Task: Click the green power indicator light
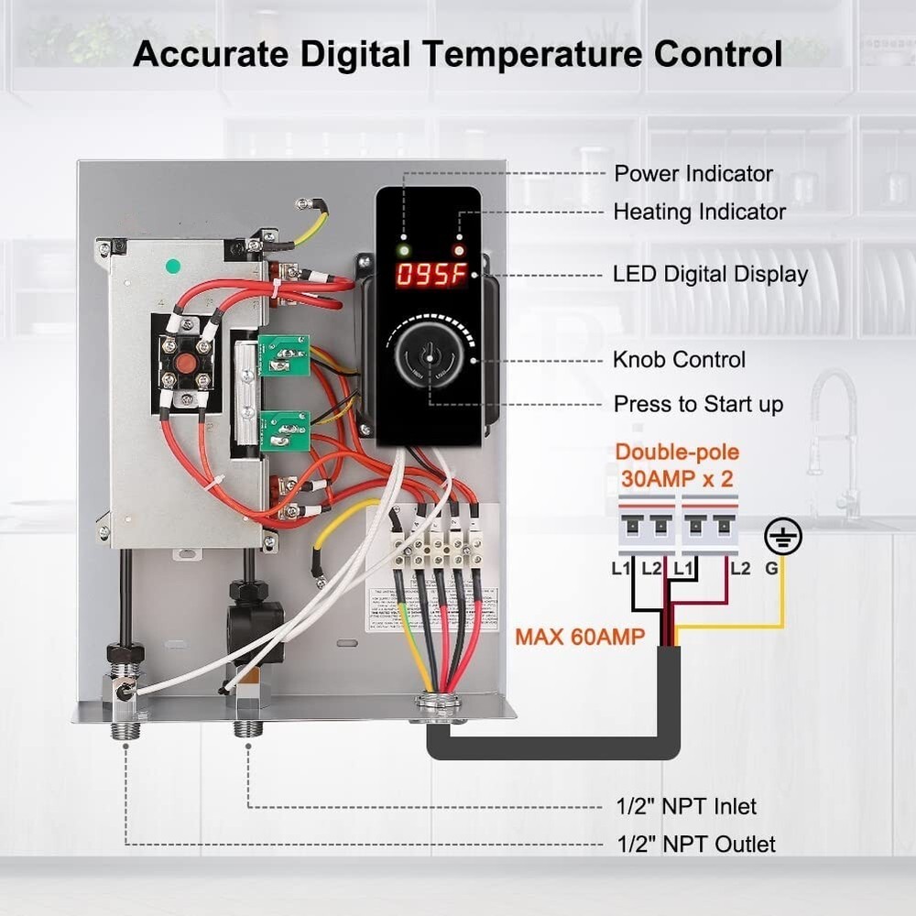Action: [401, 249]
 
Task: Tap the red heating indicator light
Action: [459, 249]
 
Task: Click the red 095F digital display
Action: [431, 275]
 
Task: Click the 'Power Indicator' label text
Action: [693, 174]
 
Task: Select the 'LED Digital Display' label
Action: [710, 274]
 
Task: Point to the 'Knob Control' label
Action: [679, 360]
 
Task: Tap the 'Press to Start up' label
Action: [698, 404]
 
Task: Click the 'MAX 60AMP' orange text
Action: [579, 635]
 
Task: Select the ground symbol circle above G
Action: [783, 536]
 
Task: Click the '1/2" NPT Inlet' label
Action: [685, 807]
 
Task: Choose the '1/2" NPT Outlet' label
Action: [694, 844]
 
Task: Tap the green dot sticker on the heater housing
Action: [172, 267]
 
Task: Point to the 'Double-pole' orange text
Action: [677, 453]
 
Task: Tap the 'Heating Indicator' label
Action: [699, 212]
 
